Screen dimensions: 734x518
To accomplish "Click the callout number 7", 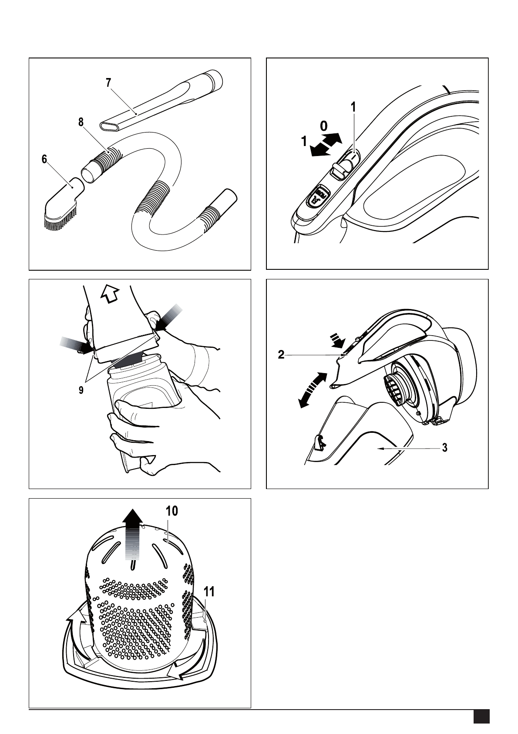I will point(108,82).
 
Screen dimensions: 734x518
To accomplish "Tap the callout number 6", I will point(44,160).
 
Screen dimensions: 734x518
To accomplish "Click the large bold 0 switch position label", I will point(324,126).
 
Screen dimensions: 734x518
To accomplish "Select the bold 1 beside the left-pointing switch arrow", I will point(304,141).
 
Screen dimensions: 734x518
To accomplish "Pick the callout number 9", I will point(81,391).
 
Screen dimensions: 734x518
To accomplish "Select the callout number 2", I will point(281,355).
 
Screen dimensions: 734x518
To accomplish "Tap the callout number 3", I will point(445,448).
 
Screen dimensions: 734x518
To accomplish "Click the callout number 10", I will point(172,511).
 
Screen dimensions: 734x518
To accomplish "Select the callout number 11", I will point(209,591).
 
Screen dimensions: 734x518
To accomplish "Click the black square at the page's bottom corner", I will point(482,716).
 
